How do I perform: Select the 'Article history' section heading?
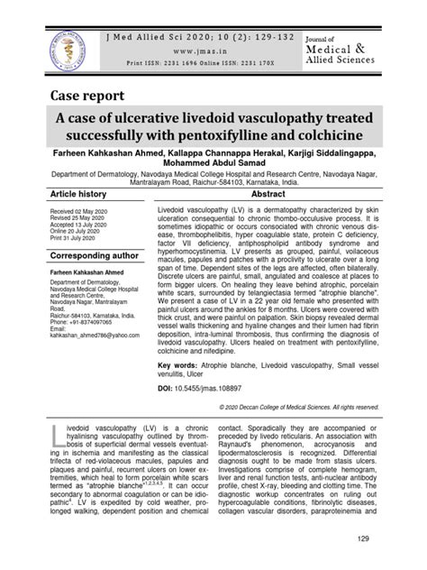tap(77, 195)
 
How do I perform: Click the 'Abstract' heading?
tap(268, 195)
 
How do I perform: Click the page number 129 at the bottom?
tap(364, 539)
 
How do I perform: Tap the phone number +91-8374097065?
tap(100, 321)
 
